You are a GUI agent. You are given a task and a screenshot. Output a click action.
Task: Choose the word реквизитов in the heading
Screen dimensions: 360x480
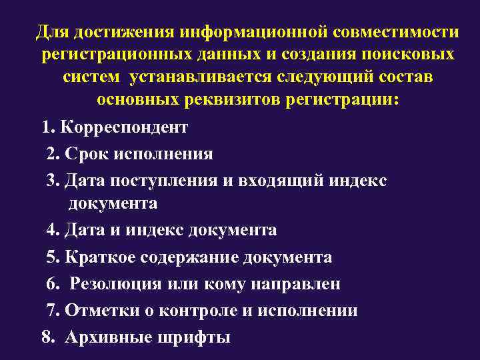pos(223,100)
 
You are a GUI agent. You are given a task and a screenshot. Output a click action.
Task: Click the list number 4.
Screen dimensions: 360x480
pos(52,231)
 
